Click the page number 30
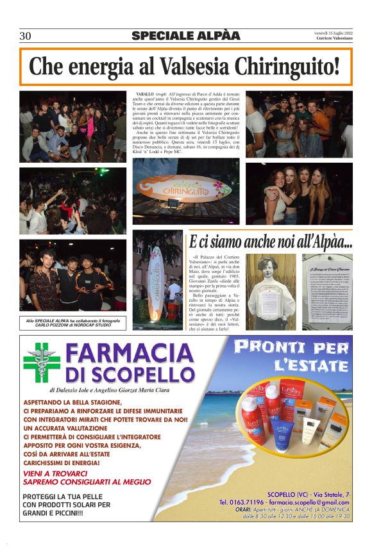tap(25, 36)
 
